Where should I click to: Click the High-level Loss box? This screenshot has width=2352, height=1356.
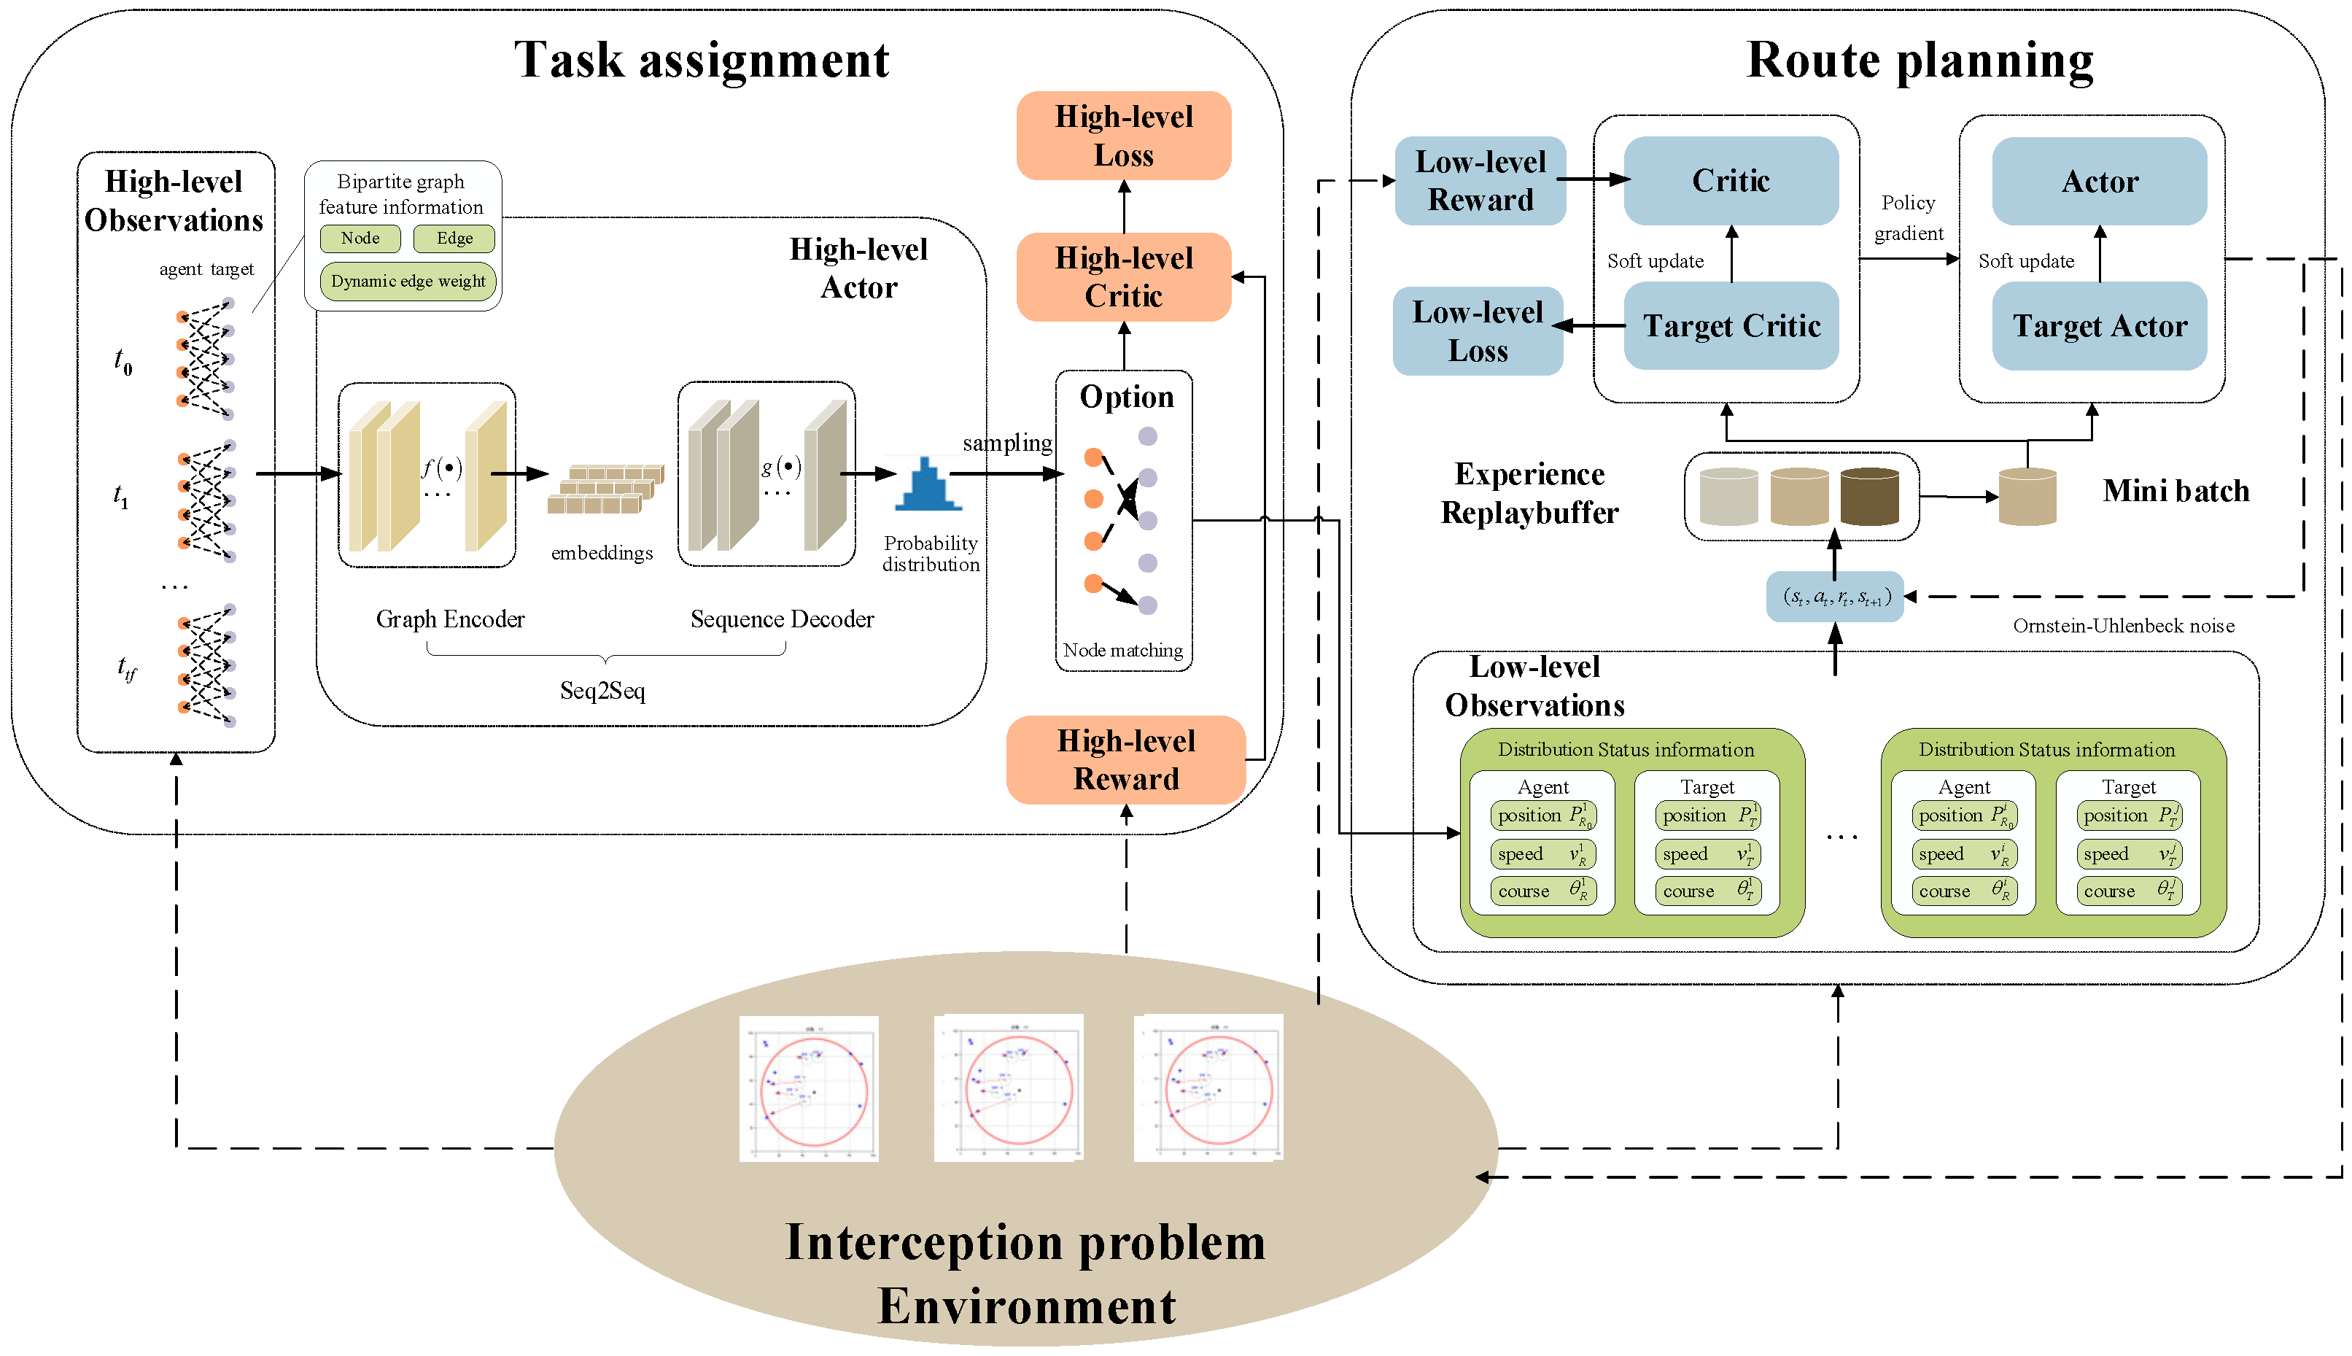click(x=1123, y=136)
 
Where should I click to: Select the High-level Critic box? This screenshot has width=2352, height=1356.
click(x=1123, y=276)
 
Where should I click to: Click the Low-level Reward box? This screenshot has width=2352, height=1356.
click(x=1480, y=181)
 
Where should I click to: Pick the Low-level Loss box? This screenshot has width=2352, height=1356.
click(x=1477, y=332)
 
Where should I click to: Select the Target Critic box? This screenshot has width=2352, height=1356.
click(x=1730, y=326)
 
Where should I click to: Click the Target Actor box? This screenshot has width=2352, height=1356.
click(x=2099, y=326)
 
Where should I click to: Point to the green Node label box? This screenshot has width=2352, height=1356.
click(x=360, y=239)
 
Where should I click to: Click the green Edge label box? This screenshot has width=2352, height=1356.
click(x=454, y=239)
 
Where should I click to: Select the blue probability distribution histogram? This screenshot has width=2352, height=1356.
click(x=928, y=485)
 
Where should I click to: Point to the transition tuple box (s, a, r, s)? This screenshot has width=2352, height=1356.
click(x=1834, y=597)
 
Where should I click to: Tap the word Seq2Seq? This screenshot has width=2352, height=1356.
click(x=602, y=691)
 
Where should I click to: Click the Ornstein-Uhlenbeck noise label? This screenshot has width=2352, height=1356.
click(x=2122, y=626)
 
